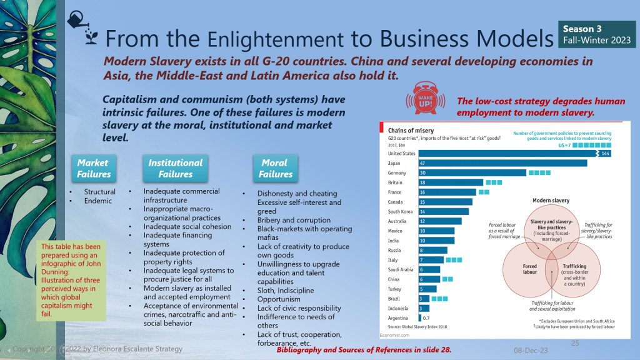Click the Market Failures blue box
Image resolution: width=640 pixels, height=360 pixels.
pyautogui.click(x=93, y=168)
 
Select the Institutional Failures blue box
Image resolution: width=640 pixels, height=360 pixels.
pyautogui.click(x=175, y=168)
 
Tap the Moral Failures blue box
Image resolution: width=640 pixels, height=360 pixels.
pyautogui.click(x=274, y=168)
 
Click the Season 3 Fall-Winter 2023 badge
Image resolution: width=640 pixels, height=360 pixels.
pyautogui.click(x=596, y=34)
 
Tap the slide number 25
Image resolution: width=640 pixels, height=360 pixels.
pyautogui.click(x=575, y=343)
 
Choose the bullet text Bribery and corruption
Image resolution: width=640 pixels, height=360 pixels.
pyautogui.click(x=294, y=220)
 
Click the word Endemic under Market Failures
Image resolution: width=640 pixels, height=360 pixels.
pyautogui.click(x=98, y=201)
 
